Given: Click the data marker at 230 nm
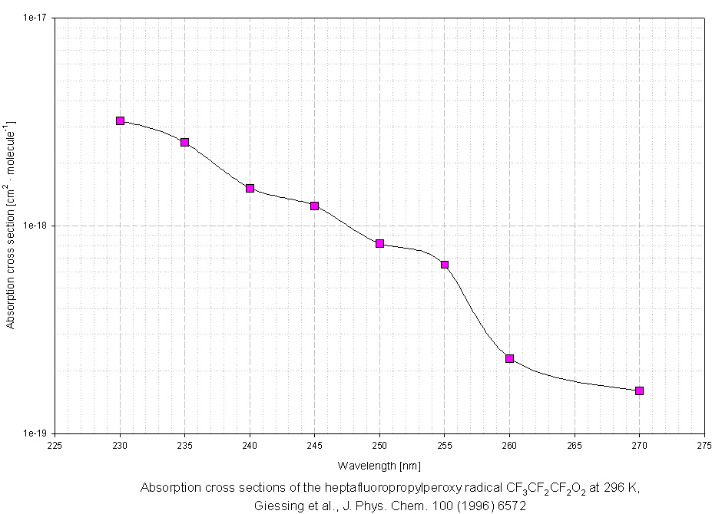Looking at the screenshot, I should tap(120, 120).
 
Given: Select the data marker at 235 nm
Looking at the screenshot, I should tap(185, 142).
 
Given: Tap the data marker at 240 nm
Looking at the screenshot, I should tap(250, 188).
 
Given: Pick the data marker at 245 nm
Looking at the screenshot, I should tap(315, 206).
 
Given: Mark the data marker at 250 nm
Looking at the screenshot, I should tap(379, 243).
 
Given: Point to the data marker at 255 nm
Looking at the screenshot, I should tap(445, 265).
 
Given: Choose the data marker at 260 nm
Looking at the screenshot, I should tap(509, 358).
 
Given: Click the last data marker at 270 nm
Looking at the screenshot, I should tap(639, 390).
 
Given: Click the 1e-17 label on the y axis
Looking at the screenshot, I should tap(36, 18).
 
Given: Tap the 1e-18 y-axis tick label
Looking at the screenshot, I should tap(36, 226).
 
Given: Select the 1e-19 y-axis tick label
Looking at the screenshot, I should tap(36, 433).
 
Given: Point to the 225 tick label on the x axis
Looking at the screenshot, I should tap(55, 444).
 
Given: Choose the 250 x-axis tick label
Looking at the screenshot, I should tap(379, 444).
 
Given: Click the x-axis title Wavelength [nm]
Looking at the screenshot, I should tap(379, 465).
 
